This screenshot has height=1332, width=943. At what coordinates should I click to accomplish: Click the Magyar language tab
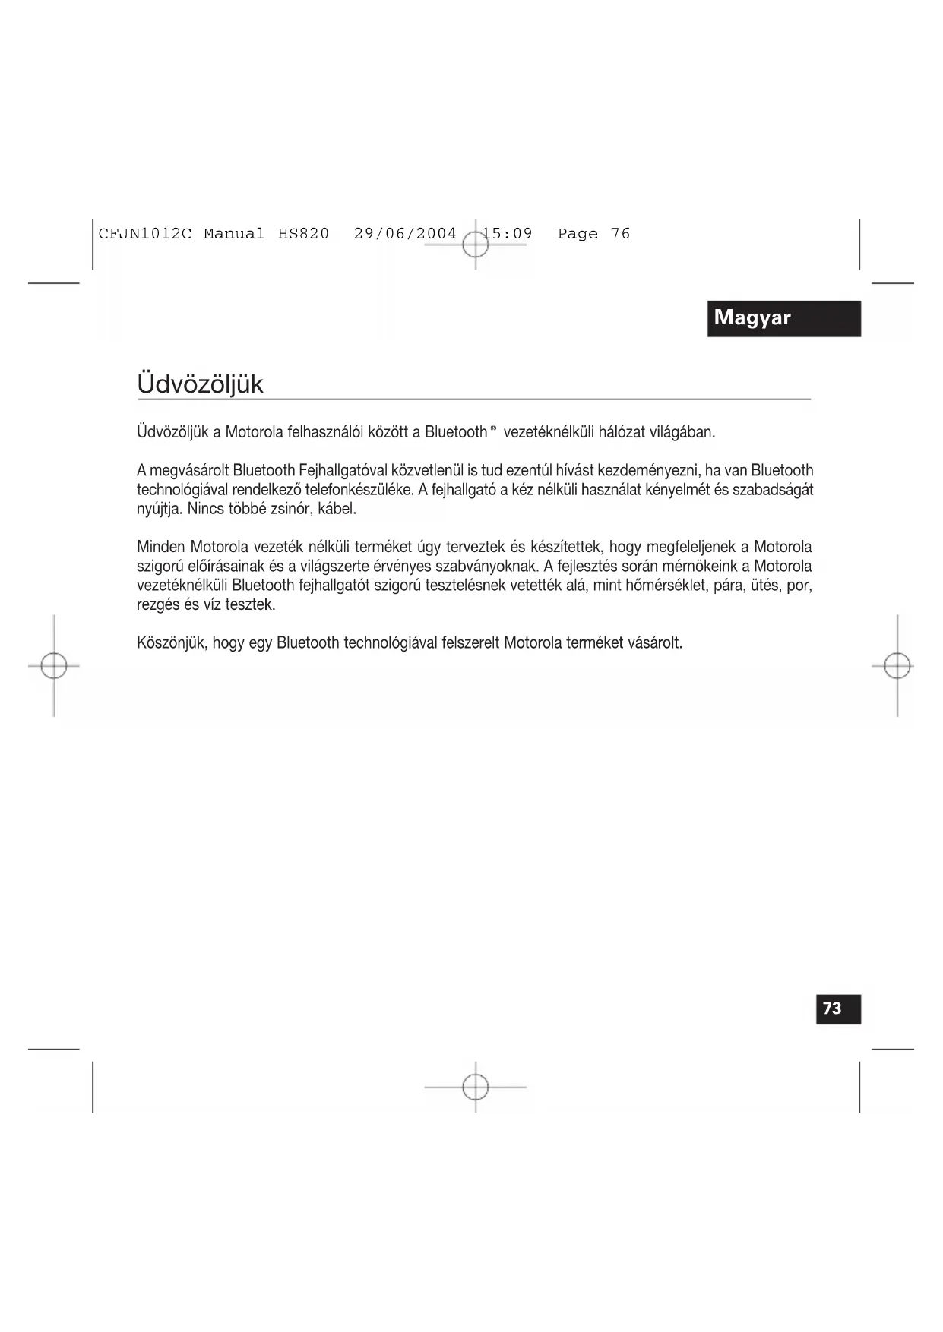(x=783, y=318)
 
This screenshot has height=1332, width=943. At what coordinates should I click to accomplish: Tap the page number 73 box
(x=838, y=1008)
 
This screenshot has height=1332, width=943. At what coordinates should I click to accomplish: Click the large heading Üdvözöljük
(x=201, y=384)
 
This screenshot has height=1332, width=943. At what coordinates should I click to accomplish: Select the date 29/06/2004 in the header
(x=405, y=234)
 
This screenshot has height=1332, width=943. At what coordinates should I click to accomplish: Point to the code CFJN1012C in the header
(x=144, y=234)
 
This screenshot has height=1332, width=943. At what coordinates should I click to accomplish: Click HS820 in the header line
(x=303, y=234)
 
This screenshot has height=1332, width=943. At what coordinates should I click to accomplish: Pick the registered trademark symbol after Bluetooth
(x=493, y=429)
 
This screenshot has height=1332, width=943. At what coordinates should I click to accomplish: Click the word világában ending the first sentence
(x=682, y=432)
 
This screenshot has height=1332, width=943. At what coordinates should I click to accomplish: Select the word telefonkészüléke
(x=359, y=490)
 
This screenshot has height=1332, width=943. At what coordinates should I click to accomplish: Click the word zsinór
(x=287, y=509)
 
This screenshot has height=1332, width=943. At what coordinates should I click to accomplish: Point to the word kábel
(x=337, y=509)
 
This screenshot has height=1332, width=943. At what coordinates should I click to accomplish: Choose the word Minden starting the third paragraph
(x=160, y=547)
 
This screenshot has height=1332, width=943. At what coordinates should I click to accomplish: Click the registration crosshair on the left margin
(x=54, y=666)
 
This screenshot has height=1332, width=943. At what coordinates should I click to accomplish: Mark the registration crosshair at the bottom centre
(x=476, y=1087)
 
